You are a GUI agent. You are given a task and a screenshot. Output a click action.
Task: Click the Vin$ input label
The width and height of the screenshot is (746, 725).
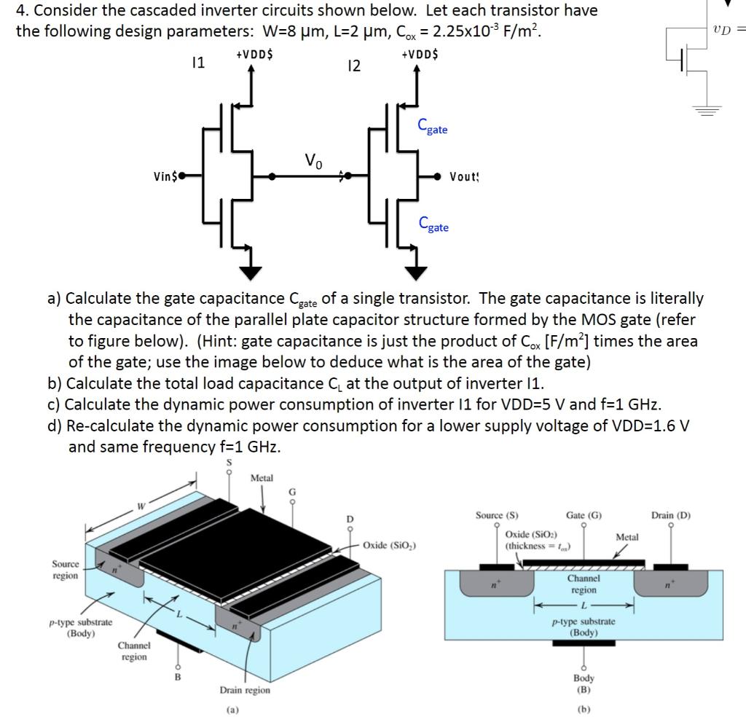165,176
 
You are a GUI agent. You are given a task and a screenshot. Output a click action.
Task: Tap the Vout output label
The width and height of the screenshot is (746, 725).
464,176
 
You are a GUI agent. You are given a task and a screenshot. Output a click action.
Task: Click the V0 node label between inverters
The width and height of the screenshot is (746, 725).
312,160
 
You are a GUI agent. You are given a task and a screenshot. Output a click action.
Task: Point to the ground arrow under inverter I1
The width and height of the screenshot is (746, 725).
251,272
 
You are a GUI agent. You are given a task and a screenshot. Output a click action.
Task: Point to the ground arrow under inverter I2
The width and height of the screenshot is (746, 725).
416,272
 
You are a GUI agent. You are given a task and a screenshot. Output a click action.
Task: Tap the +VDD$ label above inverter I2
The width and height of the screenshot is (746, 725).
420,55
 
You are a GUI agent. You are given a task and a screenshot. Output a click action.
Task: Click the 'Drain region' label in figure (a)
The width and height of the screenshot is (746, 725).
245,690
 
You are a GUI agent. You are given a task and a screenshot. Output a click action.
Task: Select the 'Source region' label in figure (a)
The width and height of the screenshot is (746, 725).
66,570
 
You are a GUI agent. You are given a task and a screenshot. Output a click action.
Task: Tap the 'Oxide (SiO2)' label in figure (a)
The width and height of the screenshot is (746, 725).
389,544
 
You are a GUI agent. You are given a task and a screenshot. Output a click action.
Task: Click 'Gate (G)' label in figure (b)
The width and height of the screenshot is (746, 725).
584,514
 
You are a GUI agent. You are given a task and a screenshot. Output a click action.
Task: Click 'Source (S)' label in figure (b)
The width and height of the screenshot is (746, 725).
497,514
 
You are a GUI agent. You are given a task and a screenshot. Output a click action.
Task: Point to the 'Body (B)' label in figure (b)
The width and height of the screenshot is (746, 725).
584,683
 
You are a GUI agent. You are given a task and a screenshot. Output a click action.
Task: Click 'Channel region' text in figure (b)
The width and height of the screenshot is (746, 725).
584,584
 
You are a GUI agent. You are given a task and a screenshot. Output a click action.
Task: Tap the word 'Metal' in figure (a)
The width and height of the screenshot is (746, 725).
262,478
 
